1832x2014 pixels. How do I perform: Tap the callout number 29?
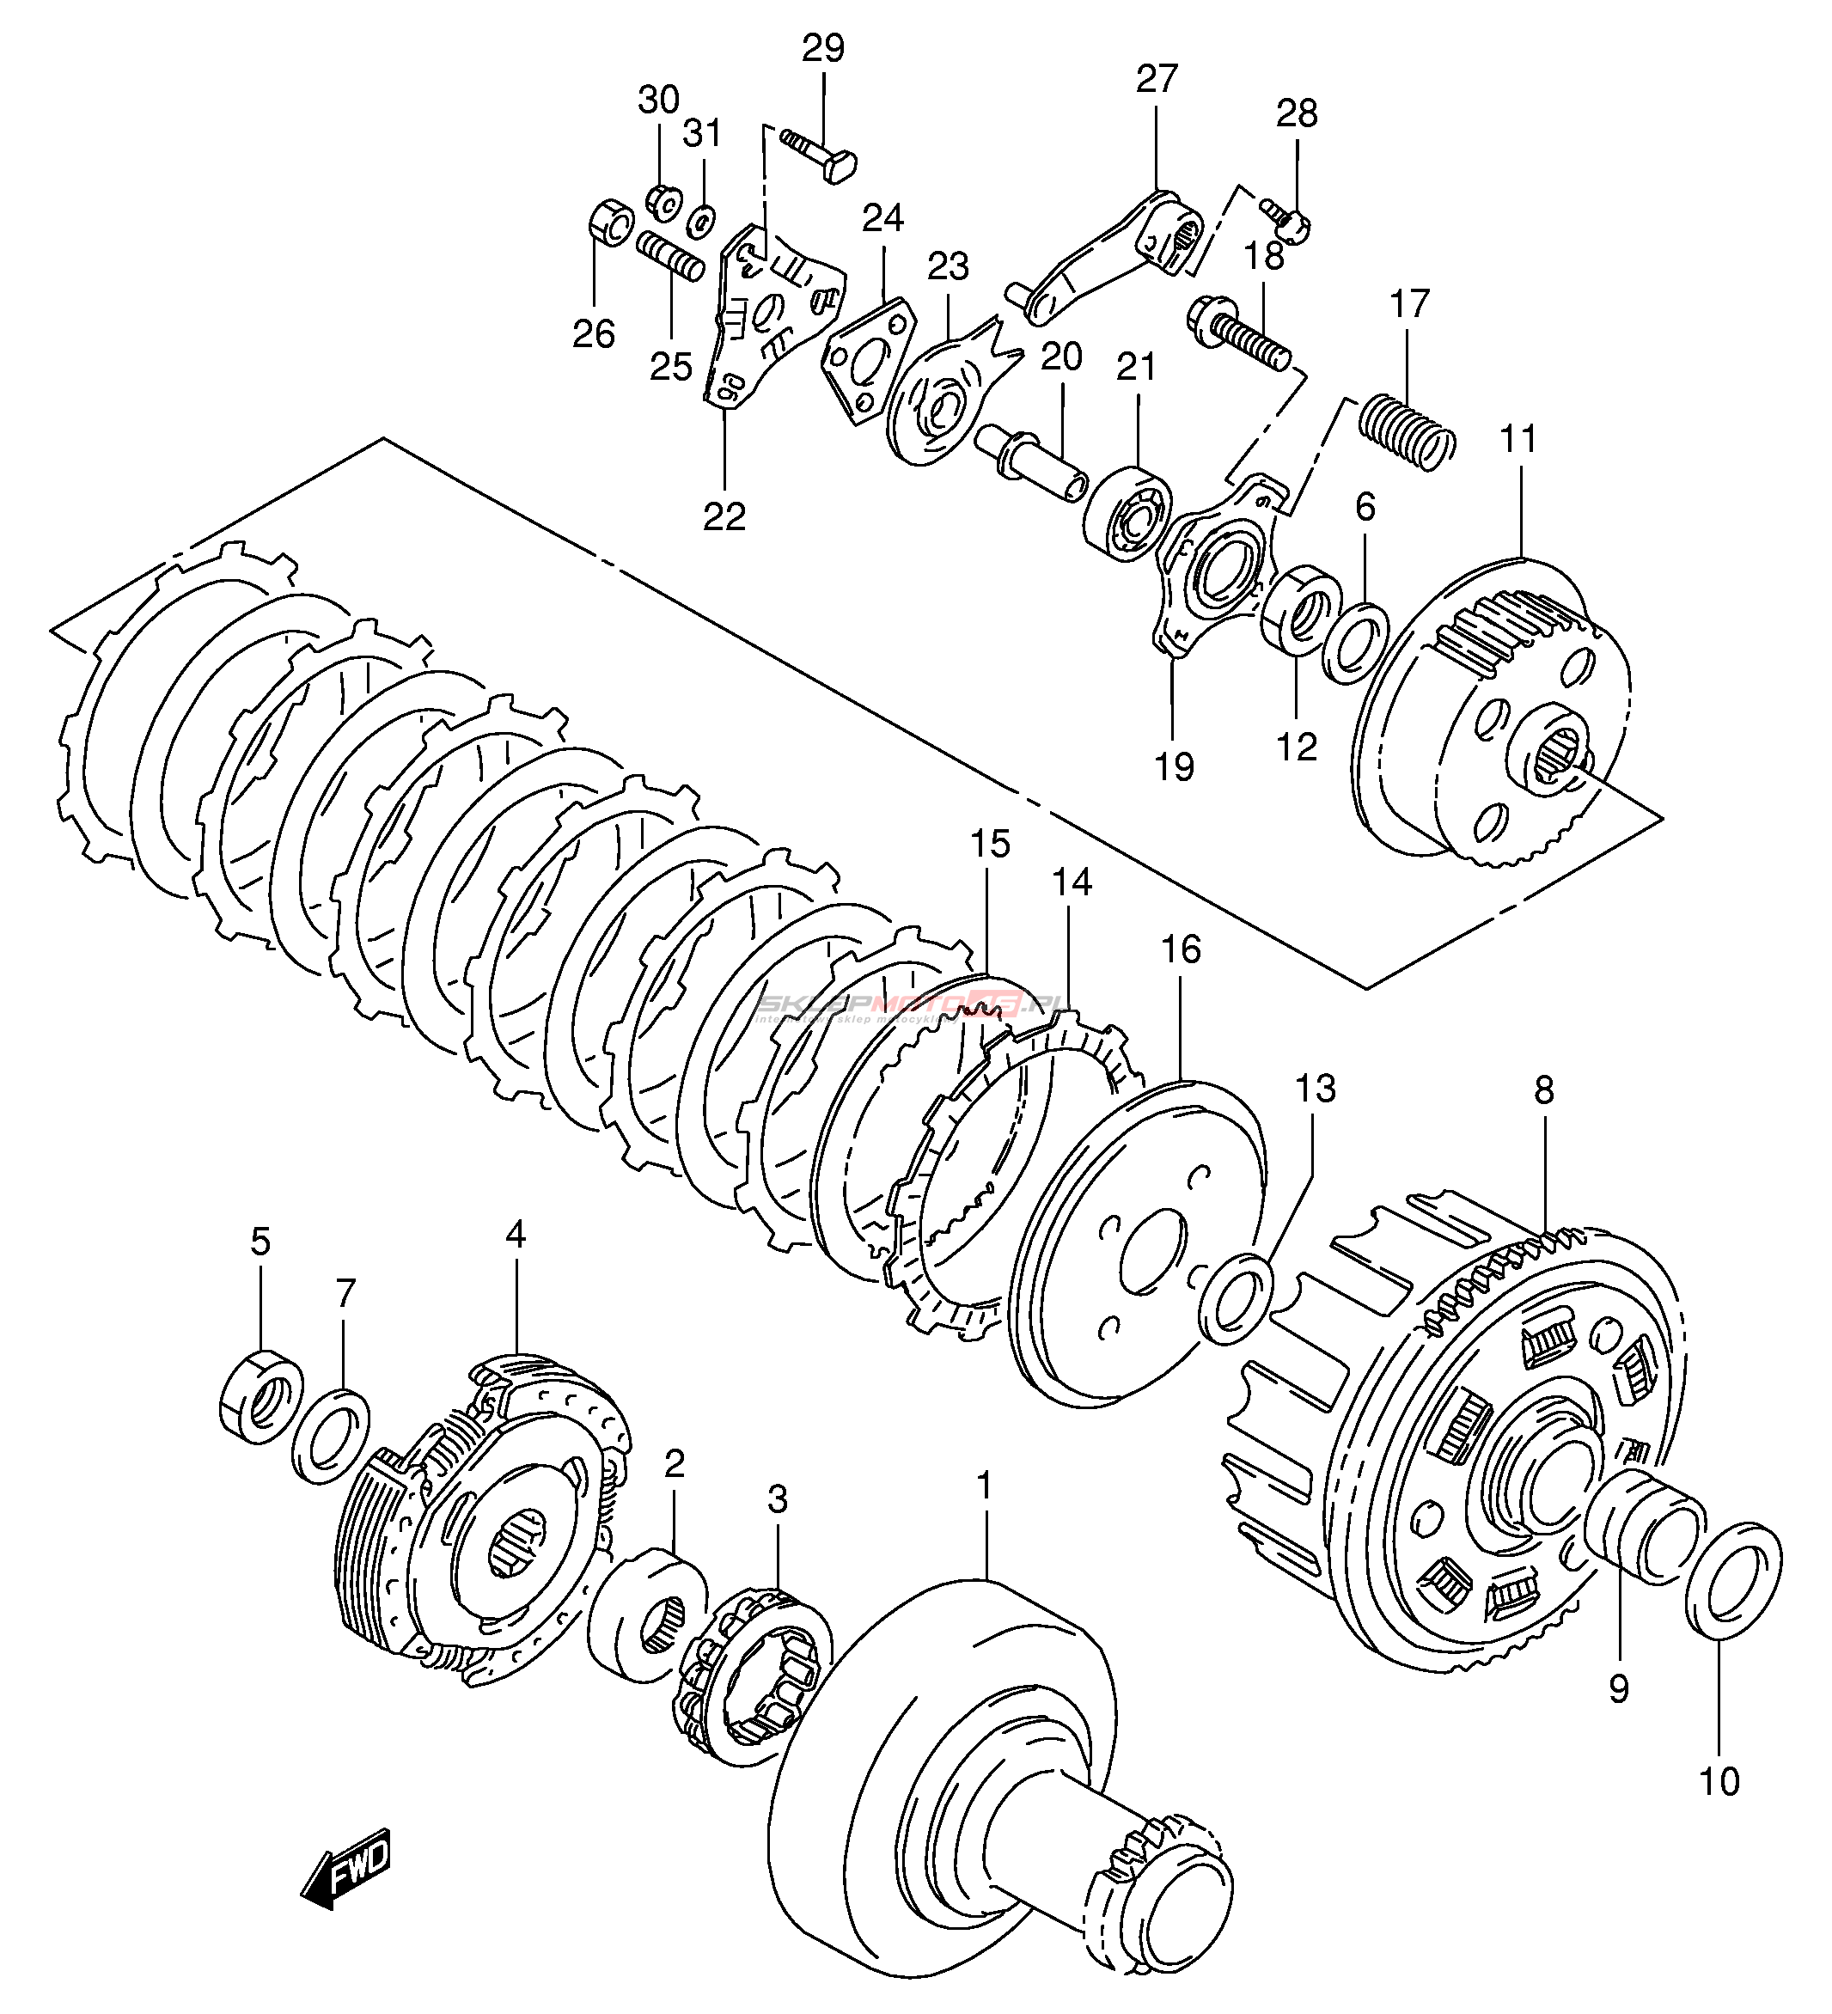click(x=823, y=48)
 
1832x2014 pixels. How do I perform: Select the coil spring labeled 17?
click(x=1407, y=430)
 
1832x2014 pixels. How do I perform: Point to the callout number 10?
click(x=1719, y=1781)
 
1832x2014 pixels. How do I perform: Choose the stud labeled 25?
click(x=670, y=257)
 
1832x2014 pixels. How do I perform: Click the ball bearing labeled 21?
click(x=1127, y=512)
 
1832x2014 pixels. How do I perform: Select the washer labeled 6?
click(x=1354, y=640)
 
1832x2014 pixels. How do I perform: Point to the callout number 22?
click(x=724, y=516)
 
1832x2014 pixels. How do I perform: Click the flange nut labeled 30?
click(x=659, y=203)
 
